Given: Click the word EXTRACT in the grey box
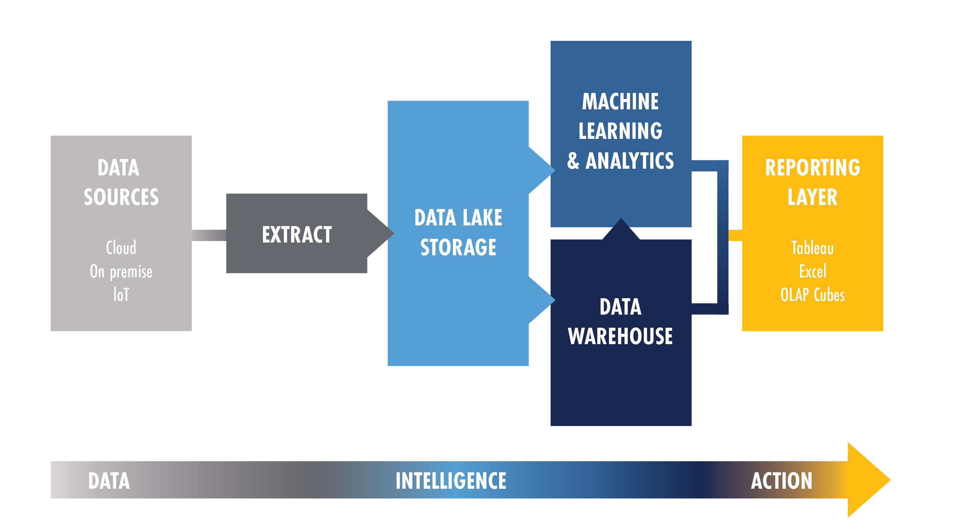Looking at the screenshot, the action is pos(297,234).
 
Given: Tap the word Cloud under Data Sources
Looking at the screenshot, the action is pos(121,247).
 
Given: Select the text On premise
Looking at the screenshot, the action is pos(121,272).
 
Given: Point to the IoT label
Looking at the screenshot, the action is pos(121,295).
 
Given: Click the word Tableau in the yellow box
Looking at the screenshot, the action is pos(813,248).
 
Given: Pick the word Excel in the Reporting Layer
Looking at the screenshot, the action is pos(813,271).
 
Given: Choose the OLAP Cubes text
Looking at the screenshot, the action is pos(813,295).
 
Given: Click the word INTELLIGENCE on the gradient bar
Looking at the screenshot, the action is pos(451,481).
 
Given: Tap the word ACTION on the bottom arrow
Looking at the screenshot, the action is pos(781,481).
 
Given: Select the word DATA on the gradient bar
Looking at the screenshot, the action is pos(109,481).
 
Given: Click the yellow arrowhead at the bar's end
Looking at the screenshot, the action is pos(869,480).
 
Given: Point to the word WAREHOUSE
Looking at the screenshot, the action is pos(620,336).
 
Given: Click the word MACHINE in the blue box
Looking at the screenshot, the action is pos(620,101).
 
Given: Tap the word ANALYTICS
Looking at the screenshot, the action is pos(630,161).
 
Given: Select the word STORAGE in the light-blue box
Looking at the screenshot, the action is pos(458,247).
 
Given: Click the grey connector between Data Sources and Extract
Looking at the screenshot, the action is pos(209,235).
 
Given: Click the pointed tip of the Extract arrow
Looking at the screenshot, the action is pos(394,233).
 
